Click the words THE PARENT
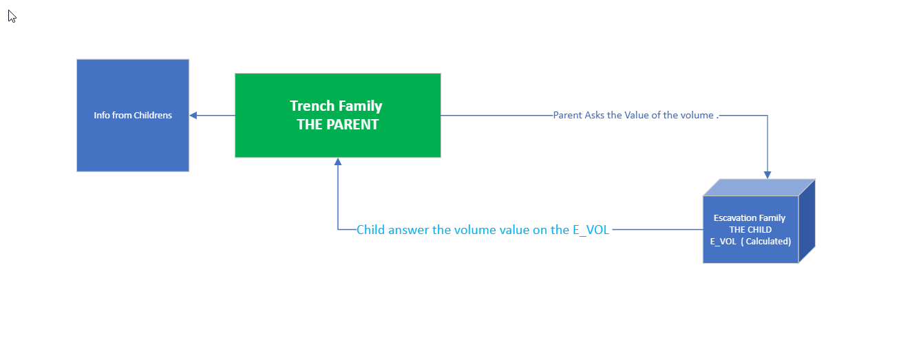337,125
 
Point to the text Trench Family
336,106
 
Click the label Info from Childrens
133,116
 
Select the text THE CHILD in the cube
750,230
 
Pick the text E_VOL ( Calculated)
750,242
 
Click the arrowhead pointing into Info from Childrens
193,116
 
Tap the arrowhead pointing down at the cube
767,175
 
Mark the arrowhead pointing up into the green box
338,162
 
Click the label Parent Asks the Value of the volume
635,116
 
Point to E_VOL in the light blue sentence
591,230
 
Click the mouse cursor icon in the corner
12,16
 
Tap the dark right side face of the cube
807,220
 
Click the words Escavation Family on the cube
750,218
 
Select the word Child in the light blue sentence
370,230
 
